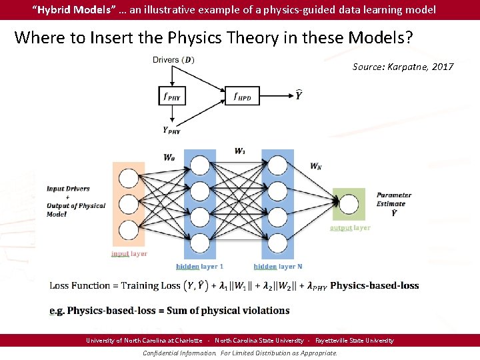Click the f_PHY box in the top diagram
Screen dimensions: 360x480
[x=171, y=96]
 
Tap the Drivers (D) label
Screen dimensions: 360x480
[x=173, y=60]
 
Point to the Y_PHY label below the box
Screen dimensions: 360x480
[x=171, y=130]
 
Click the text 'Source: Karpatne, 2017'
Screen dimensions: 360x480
[x=403, y=67]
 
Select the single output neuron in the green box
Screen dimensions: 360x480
[x=349, y=205]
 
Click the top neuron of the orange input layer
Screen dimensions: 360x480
[x=128, y=178]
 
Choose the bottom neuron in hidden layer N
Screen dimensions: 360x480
[x=278, y=245]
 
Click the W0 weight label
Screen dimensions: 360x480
[x=170, y=158]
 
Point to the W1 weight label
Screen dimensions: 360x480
[x=239, y=151]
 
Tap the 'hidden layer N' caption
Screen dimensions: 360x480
[x=278, y=266]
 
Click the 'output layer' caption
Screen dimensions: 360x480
[x=350, y=228]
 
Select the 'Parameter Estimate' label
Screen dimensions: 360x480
[x=393, y=200]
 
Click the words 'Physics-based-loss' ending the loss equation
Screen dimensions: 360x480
[x=375, y=285]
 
